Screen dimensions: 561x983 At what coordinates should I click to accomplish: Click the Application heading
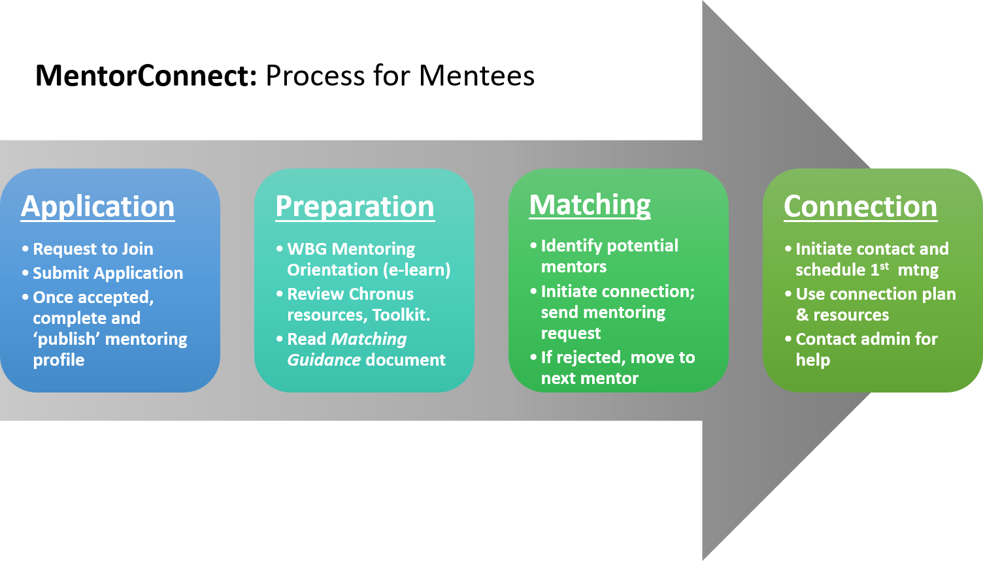[98, 207]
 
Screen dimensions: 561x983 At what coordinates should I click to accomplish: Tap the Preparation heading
[355, 207]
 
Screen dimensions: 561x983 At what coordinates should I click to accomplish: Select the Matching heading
[590, 205]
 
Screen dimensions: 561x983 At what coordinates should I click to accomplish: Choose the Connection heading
[860, 207]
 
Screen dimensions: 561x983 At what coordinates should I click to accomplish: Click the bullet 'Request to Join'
[93, 249]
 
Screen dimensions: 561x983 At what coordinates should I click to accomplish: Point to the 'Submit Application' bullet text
[108, 273]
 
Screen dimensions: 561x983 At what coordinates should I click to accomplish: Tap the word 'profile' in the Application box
[59, 360]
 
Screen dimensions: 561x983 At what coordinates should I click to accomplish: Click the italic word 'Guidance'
[324, 360]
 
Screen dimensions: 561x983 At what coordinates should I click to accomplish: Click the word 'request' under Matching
[571, 333]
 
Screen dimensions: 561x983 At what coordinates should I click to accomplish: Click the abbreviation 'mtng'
[918, 270]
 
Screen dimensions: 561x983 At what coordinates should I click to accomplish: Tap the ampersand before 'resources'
[802, 315]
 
